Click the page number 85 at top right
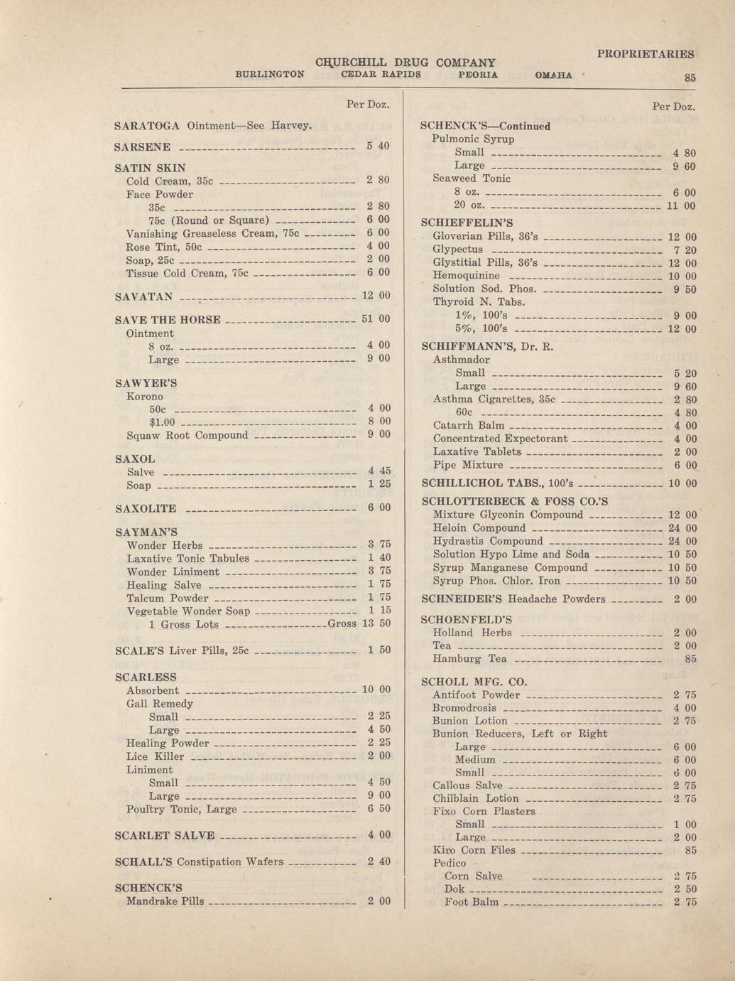point(690,78)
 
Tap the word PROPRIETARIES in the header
point(646,54)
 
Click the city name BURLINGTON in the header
point(270,74)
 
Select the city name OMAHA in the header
point(554,75)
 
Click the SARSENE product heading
point(143,147)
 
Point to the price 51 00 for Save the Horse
point(376,319)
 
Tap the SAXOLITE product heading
point(146,509)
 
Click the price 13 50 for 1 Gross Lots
point(376,623)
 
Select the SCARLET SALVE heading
point(164,835)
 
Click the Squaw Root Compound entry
point(187,435)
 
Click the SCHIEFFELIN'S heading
point(467,223)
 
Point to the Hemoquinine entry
point(466,276)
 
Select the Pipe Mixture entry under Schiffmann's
point(468,465)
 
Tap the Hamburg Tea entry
point(469,659)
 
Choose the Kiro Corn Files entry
point(474,850)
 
